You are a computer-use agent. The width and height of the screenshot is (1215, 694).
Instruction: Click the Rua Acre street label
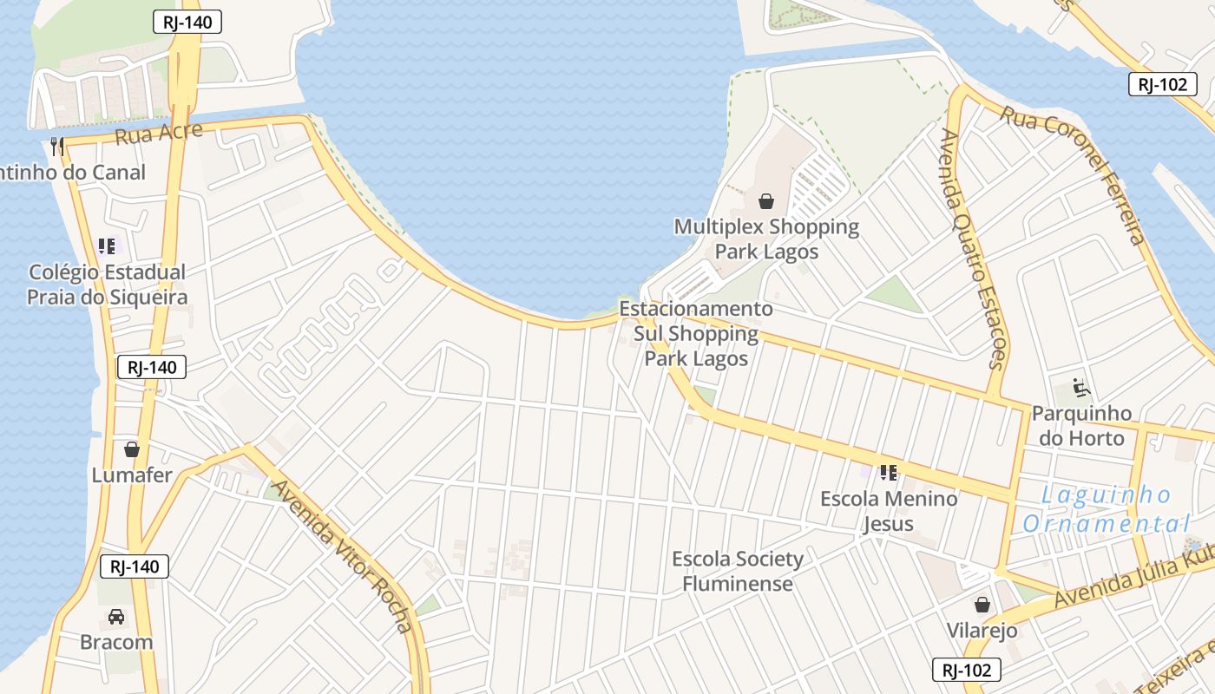point(159,134)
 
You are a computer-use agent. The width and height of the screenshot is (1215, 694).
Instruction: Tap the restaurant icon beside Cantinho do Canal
point(57,146)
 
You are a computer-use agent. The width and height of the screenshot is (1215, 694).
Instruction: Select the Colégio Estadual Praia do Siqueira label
point(107,285)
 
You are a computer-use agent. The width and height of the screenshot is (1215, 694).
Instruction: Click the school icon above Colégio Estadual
point(107,246)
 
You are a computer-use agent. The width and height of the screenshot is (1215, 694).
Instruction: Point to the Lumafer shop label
point(132,475)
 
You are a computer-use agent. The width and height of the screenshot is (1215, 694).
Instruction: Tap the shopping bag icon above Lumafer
point(132,449)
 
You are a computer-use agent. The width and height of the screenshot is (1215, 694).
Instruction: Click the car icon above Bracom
point(115,617)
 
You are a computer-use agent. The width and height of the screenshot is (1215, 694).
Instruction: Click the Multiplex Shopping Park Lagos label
point(766,239)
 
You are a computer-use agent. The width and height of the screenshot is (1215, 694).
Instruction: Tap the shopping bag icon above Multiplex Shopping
point(766,202)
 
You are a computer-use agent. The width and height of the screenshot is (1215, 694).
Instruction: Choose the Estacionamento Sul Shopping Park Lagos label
point(696,333)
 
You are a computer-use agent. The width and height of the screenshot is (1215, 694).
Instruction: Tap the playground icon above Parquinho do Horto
point(1081,387)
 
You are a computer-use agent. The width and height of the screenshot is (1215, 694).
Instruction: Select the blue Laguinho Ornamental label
point(1106,509)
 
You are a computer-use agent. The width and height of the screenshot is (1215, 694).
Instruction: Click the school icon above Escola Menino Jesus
point(888,473)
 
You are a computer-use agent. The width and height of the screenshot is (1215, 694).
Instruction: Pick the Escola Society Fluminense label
point(738,571)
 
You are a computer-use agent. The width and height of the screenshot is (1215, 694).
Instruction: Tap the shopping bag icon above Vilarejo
point(982,605)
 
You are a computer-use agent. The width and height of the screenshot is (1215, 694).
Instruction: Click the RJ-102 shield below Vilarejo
point(967,670)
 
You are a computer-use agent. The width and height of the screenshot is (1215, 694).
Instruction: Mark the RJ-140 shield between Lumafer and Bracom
point(135,567)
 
